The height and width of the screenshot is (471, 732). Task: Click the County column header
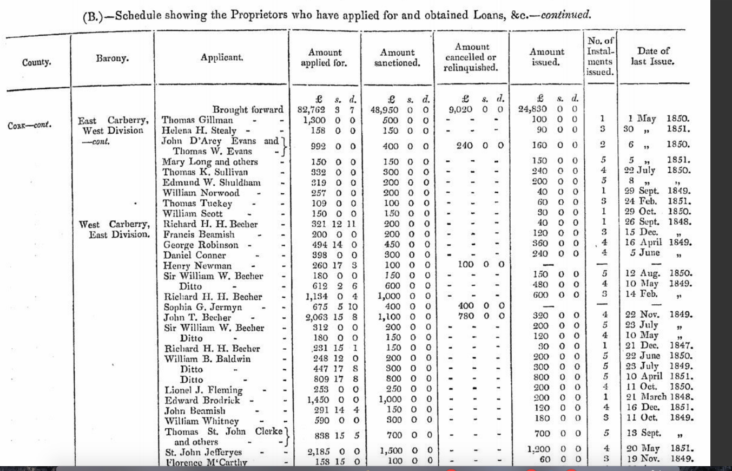(x=37, y=62)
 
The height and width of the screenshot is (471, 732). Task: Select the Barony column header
(x=113, y=58)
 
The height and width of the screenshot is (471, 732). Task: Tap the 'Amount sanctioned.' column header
(x=397, y=58)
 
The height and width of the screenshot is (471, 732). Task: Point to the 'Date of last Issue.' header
(x=653, y=56)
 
